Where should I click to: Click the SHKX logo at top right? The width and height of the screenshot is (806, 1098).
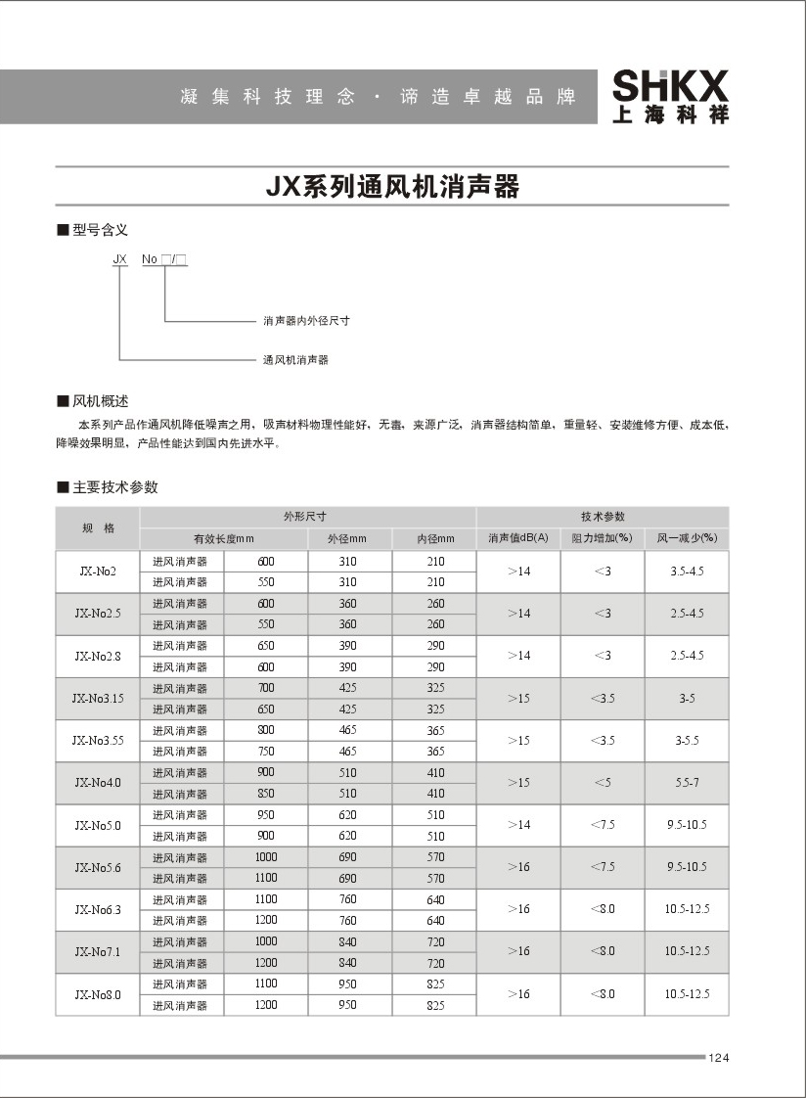click(x=670, y=96)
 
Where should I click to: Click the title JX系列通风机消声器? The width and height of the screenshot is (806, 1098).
click(x=392, y=186)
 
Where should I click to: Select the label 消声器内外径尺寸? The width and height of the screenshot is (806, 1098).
click(x=306, y=321)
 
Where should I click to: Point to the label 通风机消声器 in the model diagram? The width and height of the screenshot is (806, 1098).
click(x=295, y=360)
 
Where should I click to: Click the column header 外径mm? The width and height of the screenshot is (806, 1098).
click(x=349, y=538)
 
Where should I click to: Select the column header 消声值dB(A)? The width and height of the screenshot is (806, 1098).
click(x=518, y=538)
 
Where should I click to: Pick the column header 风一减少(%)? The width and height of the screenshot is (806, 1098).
click(x=687, y=538)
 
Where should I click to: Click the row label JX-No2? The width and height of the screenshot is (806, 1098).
click(x=98, y=572)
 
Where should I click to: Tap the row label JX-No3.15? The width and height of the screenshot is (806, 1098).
click(x=98, y=699)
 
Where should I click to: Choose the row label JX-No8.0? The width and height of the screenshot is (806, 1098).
click(x=98, y=994)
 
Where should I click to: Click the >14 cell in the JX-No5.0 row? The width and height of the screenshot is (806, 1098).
click(x=518, y=825)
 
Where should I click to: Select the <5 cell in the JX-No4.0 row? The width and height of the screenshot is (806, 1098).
click(x=603, y=783)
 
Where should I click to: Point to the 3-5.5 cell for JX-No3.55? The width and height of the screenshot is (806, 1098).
click(x=687, y=741)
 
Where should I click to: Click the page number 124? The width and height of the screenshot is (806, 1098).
click(x=719, y=1058)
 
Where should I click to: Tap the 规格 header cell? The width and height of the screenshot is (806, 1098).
click(x=98, y=528)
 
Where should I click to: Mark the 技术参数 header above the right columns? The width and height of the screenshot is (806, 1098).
click(x=603, y=517)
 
